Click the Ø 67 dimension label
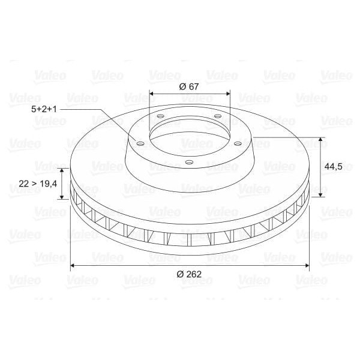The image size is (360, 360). [189, 86]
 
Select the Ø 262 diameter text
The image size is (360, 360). [189, 274]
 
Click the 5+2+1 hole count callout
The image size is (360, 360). [43, 109]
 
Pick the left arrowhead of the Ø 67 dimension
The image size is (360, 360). [152, 94]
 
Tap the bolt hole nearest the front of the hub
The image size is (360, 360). [188, 162]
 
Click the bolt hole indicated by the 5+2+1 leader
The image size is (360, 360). [140, 143]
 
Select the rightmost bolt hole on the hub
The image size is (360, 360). [238, 143]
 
